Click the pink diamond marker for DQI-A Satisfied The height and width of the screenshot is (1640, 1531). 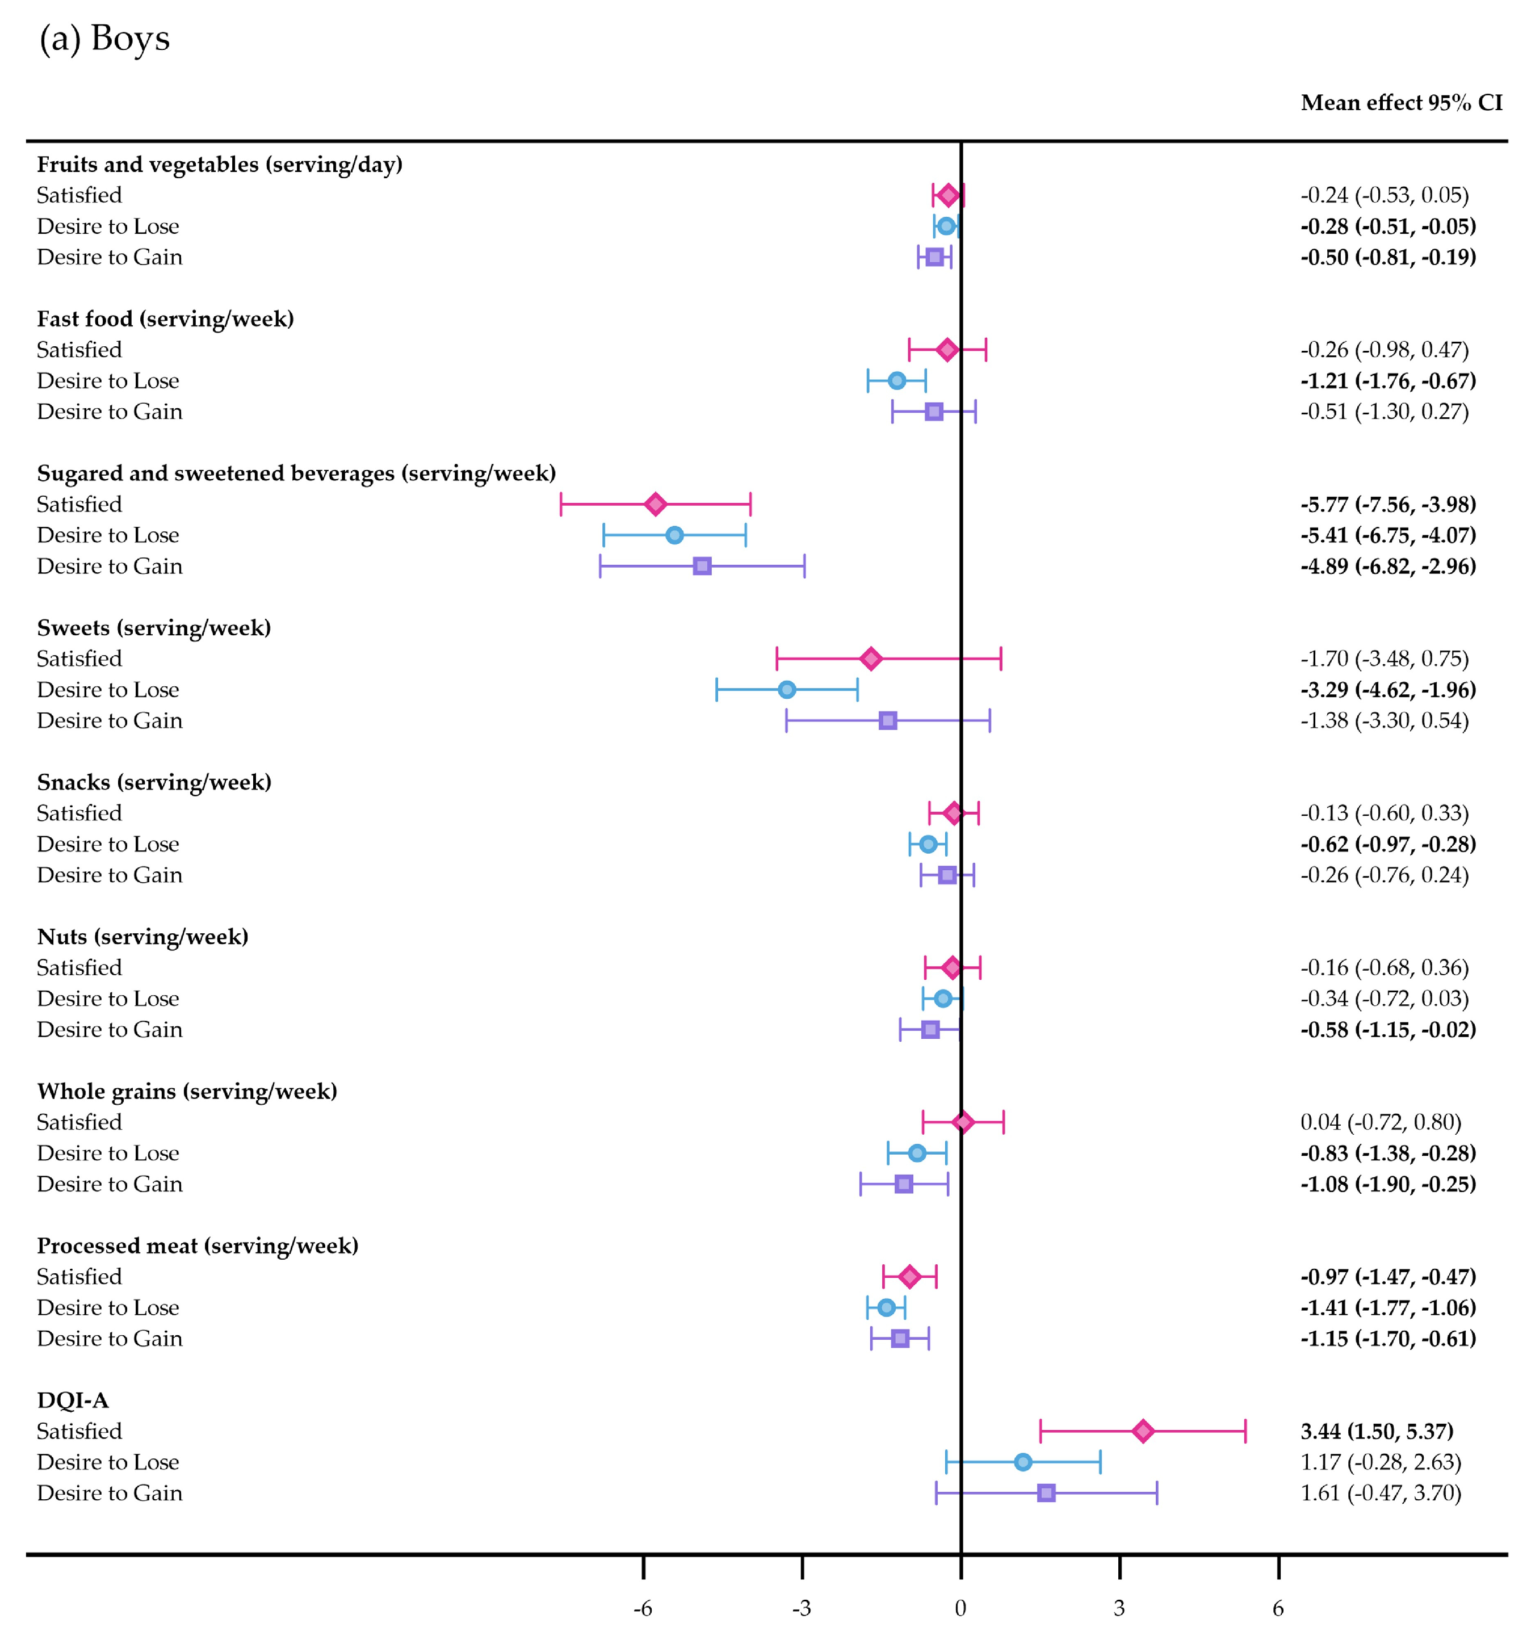1143,1431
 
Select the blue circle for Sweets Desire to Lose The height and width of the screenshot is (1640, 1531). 787,690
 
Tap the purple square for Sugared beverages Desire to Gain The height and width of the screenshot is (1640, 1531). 702,566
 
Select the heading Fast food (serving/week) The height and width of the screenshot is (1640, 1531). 165,319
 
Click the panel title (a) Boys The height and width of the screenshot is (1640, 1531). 105,38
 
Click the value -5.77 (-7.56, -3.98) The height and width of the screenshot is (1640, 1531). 1389,504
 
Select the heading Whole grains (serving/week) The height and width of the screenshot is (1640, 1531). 187,1092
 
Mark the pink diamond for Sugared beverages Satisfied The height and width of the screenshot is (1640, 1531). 655,504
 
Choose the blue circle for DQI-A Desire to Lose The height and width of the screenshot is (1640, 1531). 1023,1462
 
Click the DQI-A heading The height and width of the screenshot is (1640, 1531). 73,1400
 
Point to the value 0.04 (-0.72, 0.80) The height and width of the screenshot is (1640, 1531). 1381,1122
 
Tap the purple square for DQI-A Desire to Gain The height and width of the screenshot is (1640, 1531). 1046,1493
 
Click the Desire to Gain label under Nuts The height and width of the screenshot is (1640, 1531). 110,1030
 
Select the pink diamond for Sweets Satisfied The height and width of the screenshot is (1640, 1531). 871,658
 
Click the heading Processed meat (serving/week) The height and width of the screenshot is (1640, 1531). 198,1245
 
